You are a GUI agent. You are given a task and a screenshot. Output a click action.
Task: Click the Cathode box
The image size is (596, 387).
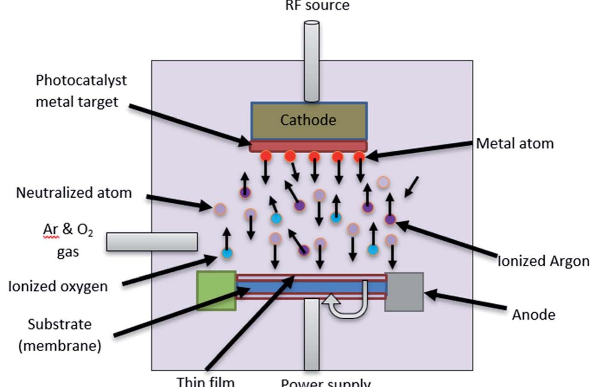308,120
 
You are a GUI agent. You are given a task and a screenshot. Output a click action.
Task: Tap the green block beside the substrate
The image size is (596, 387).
216,290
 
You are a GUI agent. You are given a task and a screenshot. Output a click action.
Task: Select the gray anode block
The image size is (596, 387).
404,291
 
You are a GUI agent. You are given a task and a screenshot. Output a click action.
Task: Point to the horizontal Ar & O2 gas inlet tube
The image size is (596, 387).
152,242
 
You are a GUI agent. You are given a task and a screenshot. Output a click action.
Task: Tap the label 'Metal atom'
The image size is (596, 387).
515,143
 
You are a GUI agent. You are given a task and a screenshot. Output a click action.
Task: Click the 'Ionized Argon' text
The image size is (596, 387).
543,261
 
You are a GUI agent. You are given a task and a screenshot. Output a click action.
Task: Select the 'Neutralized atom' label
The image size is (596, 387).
74,193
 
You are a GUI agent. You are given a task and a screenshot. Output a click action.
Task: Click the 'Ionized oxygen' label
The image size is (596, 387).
58,286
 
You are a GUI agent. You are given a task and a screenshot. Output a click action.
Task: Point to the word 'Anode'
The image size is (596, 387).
533,315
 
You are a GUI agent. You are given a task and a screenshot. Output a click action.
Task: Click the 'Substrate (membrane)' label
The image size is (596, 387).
60,335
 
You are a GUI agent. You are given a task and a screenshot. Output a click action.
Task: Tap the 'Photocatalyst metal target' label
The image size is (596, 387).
81,91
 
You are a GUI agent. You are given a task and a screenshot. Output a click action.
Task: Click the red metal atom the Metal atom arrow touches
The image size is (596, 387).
359,157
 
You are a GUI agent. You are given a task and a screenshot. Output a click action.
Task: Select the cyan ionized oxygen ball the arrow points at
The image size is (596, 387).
227,253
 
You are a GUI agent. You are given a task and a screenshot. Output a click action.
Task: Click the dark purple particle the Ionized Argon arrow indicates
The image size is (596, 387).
389,220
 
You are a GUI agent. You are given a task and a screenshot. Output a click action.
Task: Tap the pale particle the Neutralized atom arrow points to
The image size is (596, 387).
220,209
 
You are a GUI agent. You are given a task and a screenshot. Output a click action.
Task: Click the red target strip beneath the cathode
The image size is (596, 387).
308,146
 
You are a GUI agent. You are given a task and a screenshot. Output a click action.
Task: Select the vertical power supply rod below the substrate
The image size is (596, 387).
311,335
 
